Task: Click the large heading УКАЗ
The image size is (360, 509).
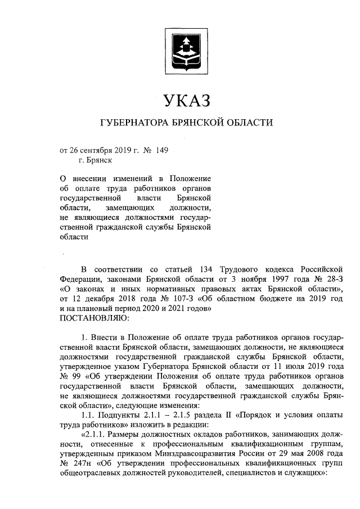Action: point(186,101)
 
